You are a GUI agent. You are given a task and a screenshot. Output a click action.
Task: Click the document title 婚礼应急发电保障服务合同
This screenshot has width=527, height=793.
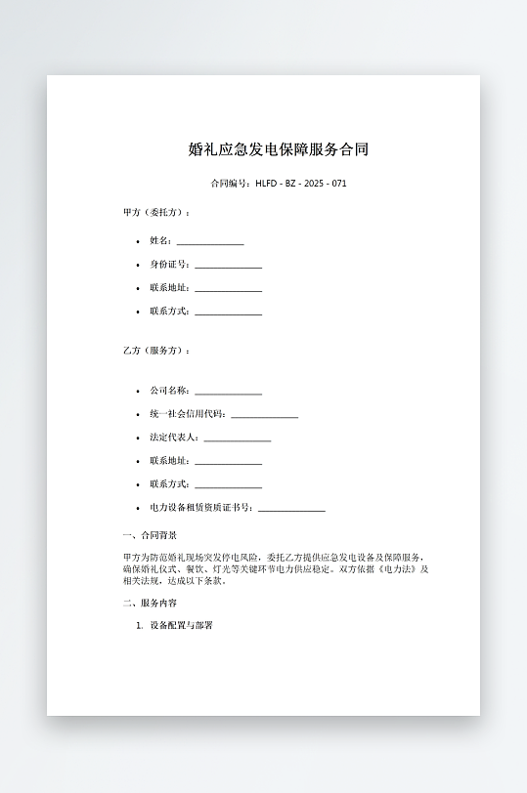point(279,149)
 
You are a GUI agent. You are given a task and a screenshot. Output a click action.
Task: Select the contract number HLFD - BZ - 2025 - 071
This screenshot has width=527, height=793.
point(301,184)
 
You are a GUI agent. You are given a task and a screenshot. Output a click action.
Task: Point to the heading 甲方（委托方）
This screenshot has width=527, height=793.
point(156,212)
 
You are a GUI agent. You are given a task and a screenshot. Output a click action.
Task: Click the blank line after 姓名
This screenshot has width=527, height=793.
point(210,242)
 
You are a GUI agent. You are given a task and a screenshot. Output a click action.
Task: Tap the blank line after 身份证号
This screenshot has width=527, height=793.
point(228,266)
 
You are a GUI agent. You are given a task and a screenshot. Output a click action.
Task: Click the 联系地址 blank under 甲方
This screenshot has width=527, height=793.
point(228,289)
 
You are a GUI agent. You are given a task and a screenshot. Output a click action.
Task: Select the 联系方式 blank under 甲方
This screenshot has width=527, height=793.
point(228,313)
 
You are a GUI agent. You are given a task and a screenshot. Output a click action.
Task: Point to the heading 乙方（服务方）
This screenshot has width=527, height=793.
point(156,351)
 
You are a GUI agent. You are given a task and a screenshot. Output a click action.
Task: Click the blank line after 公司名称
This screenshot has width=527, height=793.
point(228,392)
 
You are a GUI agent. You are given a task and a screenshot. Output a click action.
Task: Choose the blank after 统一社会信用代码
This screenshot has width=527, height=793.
point(264,415)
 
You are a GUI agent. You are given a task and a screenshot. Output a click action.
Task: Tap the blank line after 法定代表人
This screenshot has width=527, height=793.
point(238,438)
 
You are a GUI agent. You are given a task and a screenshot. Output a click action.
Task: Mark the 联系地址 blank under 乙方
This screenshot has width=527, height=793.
point(228,462)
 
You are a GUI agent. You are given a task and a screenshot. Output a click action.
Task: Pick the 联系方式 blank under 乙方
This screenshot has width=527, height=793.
point(228,485)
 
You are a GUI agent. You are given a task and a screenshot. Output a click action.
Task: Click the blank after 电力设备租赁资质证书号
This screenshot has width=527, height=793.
point(291,509)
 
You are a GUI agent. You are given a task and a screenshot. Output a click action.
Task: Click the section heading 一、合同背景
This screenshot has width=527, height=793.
point(150,535)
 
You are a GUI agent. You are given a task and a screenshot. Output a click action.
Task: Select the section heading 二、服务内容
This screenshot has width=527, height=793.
point(150,604)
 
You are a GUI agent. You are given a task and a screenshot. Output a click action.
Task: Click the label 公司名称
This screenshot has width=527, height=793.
point(169,391)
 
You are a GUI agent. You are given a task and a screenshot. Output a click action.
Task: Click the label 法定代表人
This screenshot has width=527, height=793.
point(174,438)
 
